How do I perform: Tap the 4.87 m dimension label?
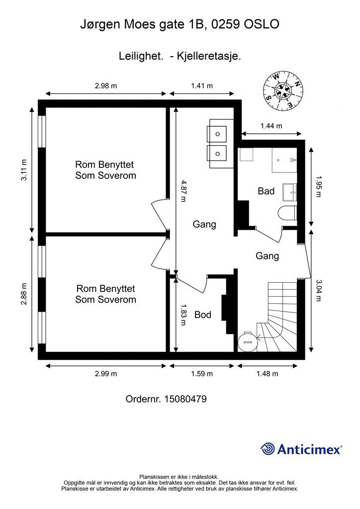point(183,191)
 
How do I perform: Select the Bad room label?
point(266,191)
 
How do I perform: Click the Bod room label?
point(203,315)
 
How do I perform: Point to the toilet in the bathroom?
point(287,213)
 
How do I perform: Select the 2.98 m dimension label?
point(106,85)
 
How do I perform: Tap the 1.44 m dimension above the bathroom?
point(271,126)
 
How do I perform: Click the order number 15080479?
point(185,399)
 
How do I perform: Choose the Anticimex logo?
point(301,449)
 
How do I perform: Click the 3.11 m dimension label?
point(24,170)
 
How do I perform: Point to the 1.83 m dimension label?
point(183,315)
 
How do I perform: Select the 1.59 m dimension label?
point(202,374)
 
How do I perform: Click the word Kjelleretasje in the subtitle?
point(209,56)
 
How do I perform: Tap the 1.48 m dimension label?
point(267,374)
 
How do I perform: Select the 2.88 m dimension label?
point(24,294)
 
